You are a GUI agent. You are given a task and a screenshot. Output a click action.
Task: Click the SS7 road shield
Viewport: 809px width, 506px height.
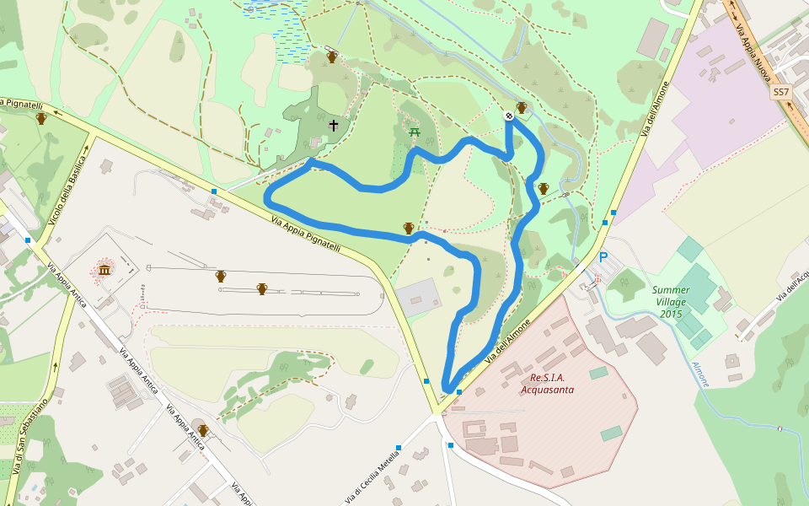[x=781, y=92]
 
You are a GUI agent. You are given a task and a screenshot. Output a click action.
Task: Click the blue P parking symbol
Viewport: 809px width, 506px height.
[x=603, y=257]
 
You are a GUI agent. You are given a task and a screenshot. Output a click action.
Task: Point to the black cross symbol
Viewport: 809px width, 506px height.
[x=333, y=126]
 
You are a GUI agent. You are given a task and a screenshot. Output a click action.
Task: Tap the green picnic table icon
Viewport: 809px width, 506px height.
[x=414, y=132]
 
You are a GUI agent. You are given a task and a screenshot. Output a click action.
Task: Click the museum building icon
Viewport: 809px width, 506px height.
[x=104, y=270]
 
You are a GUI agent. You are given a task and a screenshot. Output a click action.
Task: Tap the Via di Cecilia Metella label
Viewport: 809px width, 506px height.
[x=372, y=476]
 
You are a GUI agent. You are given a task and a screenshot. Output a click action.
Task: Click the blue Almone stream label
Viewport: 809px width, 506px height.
[x=700, y=374]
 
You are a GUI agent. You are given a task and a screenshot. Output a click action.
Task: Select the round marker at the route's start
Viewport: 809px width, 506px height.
[x=509, y=115]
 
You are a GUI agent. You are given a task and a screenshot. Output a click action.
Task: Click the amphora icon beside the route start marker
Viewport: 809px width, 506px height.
[x=522, y=108]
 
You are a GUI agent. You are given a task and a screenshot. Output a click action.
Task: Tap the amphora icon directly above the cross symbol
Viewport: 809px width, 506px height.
[x=332, y=57]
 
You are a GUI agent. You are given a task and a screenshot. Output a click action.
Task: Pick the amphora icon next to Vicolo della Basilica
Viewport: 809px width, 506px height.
[x=40, y=118]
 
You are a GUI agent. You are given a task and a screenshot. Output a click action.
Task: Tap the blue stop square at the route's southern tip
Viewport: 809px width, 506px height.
[x=458, y=392]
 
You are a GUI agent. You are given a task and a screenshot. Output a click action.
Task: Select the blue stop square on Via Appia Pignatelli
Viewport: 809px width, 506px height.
[x=214, y=191]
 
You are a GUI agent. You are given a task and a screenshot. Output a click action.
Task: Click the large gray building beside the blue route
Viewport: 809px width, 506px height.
[x=418, y=297]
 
